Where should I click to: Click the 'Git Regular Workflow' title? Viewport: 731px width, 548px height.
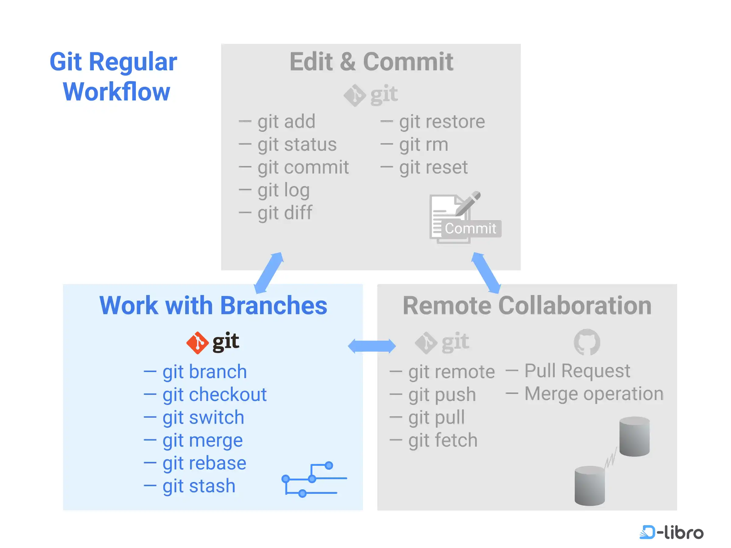pos(114,77)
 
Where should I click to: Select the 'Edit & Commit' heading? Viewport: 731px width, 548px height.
pos(371,62)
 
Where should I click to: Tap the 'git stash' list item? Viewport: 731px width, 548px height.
pos(199,486)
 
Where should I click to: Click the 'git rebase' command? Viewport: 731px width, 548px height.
pos(204,463)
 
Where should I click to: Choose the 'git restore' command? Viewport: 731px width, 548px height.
pos(442,121)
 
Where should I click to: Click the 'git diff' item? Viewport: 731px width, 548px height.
pos(285,213)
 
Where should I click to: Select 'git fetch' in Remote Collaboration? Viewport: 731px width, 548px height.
pos(443,440)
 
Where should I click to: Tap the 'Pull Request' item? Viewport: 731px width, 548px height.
pos(577,371)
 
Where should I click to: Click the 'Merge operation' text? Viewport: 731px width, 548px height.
pos(594,394)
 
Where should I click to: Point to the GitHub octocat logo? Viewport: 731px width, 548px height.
pos(587,342)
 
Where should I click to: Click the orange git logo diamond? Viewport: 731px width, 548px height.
pos(197,343)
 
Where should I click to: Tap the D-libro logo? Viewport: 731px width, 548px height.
pos(671,532)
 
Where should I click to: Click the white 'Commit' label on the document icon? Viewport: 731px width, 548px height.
pos(470,229)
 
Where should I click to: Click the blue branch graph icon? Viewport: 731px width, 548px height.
pos(314,479)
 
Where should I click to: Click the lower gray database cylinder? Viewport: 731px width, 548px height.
pos(590,486)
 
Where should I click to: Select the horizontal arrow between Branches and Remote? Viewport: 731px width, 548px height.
pos(372,346)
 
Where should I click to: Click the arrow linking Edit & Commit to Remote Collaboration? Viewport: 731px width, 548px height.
pos(486,273)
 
